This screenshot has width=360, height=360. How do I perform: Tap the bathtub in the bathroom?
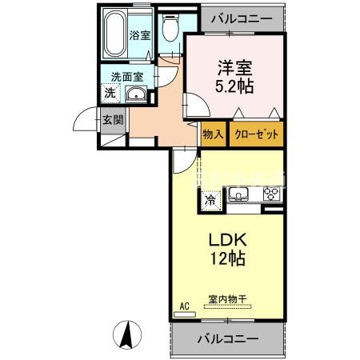pyautogui.click(x=118, y=32)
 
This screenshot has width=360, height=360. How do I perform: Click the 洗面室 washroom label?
pyautogui.click(x=126, y=78)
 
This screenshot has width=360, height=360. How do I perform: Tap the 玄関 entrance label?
pyautogui.click(x=112, y=121)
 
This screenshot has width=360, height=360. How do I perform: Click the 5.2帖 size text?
pyautogui.click(x=232, y=86)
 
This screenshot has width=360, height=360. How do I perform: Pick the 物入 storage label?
pyautogui.click(x=213, y=135)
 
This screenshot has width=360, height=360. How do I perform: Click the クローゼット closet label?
pyautogui.click(x=256, y=135)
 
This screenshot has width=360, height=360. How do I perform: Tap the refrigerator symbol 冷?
pyautogui.click(x=210, y=200)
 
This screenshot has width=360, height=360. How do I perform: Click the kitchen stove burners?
pyautogui.click(x=270, y=194)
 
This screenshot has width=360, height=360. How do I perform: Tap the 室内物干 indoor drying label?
pyautogui.click(x=229, y=299)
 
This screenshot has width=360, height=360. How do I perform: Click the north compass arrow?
pyautogui.click(x=126, y=331)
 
